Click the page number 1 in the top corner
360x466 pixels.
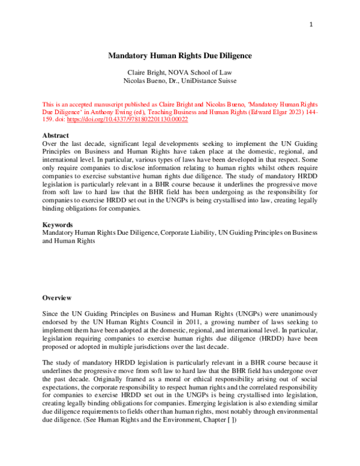click(311, 25)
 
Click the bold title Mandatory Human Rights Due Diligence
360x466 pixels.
click(179, 56)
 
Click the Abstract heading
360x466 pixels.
click(55, 136)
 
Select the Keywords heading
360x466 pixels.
click(58, 225)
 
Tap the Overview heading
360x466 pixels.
click(57, 298)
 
